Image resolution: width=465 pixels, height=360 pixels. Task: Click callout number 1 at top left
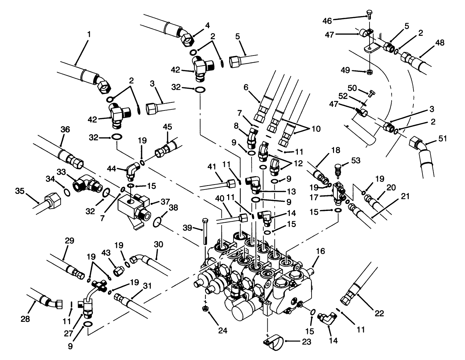pyautogui.click(x=89, y=34)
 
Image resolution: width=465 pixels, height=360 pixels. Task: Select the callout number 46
pyautogui.click(x=327, y=21)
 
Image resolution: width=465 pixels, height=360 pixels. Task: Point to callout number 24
pyautogui.click(x=222, y=331)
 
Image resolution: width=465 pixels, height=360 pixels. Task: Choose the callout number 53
pyautogui.click(x=356, y=161)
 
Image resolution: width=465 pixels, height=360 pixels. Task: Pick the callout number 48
pyautogui.click(x=440, y=43)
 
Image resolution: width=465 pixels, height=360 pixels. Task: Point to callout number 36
pyautogui.click(x=65, y=130)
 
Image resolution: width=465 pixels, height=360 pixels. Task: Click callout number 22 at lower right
pyautogui.click(x=379, y=313)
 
